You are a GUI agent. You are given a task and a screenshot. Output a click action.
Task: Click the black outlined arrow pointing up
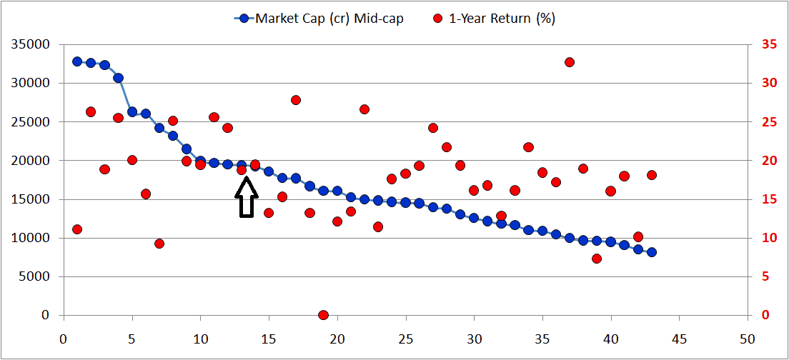point(246,197)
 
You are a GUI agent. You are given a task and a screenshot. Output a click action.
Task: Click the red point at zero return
point(323,315)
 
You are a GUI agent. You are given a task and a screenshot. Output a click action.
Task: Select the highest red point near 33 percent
point(570,62)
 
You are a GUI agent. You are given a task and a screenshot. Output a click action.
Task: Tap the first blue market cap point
point(77,61)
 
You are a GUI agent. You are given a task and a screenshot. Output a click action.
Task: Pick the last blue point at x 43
point(652,252)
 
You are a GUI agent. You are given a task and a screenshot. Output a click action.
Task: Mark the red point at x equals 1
point(77,229)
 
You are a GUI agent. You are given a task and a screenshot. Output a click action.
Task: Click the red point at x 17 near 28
point(296,100)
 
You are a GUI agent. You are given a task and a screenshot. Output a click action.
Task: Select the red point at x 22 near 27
point(364,109)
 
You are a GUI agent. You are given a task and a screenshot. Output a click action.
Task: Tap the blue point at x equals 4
point(119,78)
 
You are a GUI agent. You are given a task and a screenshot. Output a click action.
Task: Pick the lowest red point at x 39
point(597,259)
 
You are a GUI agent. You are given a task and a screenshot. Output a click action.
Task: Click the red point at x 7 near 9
point(159,244)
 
